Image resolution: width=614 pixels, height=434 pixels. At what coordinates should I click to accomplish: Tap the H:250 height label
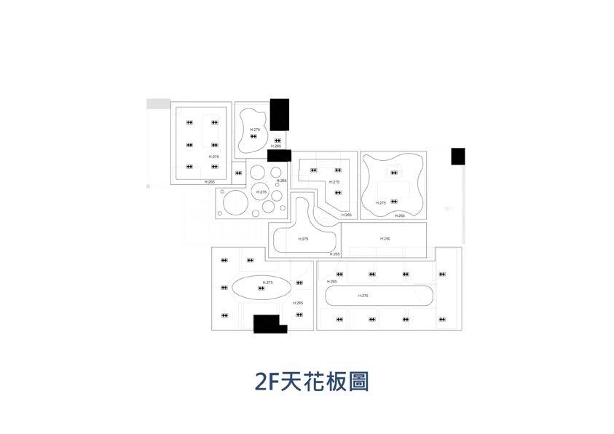pyautogui.click(x=385, y=238)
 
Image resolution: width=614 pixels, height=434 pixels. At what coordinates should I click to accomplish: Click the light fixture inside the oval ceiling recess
pyautogui.click(x=261, y=288)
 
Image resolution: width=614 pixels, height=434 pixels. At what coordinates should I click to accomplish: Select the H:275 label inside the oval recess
pyautogui.click(x=268, y=282)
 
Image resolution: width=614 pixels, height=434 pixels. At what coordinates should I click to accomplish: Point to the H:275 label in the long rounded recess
pyautogui.click(x=363, y=296)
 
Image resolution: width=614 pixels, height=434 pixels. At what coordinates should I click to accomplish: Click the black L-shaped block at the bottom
pyautogui.click(x=269, y=324)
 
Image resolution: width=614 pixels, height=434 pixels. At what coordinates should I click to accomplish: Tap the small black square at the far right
pyautogui.click(x=457, y=156)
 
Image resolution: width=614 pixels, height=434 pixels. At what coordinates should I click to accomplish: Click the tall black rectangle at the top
pyautogui.click(x=280, y=115)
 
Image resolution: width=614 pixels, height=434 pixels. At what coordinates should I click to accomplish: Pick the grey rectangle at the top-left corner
pyautogui.click(x=158, y=104)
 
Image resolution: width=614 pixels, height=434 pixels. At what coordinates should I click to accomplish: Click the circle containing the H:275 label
pyautogui.click(x=261, y=192)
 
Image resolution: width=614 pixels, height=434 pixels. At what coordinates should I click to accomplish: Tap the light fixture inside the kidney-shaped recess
pyautogui.click(x=253, y=135)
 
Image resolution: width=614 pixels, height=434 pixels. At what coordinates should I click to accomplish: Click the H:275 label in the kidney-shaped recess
pyautogui.click(x=254, y=129)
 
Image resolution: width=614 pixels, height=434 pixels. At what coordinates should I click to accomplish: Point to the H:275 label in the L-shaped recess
pyautogui.click(x=334, y=181)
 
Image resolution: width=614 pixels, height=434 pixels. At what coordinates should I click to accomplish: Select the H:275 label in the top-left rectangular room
pyautogui.click(x=214, y=157)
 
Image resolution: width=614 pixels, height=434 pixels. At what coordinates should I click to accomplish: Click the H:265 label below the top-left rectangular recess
pyautogui.click(x=210, y=182)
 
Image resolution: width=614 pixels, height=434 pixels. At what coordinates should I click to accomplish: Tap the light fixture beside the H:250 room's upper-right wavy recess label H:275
pyautogui.click(x=394, y=201)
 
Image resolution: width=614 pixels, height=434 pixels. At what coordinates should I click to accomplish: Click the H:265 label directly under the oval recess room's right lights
pyautogui.click(x=298, y=302)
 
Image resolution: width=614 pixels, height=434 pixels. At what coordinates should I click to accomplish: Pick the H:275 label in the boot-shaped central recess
pyautogui.click(x=304, y=239)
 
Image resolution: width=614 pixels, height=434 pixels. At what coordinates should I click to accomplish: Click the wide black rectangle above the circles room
pyautogui.click(x=279, y=155)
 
